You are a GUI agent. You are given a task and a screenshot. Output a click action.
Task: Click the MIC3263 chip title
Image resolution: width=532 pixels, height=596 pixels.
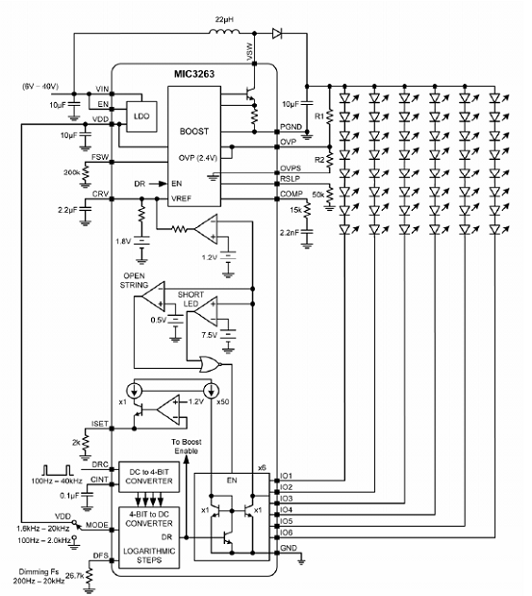click(x=194, y=74)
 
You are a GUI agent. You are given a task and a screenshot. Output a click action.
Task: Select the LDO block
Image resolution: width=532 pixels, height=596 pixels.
click(x=141, y=117)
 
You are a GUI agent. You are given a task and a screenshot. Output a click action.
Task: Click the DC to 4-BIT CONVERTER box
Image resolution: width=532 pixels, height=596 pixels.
click(x=149, y=477)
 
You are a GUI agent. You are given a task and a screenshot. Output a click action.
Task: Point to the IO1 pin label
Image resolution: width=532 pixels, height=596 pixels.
click(x=287, y=476)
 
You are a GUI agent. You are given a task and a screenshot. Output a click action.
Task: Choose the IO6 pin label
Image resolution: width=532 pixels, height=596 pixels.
click(x=287, y=532)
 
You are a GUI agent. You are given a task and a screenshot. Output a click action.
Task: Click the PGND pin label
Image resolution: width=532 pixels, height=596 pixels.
click(x=291, y=126)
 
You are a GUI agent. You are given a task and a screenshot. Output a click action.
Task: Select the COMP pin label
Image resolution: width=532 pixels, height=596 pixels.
click(x=291, y=194)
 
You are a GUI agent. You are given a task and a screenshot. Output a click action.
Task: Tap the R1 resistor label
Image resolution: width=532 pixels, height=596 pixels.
click(x=319, y=116)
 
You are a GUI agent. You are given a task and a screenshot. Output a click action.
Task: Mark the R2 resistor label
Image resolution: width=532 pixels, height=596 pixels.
click(x=319, y=160)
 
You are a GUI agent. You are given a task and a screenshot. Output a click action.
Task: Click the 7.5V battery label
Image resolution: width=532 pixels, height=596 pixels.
click(x=209, y=335)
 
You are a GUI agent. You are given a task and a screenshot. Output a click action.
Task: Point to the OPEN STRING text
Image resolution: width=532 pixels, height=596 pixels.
click(x=134, y=280)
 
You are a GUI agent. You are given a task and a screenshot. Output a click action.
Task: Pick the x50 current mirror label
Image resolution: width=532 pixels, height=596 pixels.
click(x=223, y=402)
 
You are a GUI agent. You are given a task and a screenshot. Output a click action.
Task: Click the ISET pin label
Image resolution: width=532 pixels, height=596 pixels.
click(x=100, y=424)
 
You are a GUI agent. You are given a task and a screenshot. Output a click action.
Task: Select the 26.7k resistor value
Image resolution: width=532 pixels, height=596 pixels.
click(x=74, y=576)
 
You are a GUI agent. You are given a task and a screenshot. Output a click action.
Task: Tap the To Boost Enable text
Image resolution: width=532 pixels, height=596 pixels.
click(x=186, y=446)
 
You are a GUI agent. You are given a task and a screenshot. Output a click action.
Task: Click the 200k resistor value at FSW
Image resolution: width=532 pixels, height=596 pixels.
click(x=72, y=172)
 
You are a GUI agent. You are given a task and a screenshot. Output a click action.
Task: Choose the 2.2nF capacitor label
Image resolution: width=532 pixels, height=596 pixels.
click(x=290, y=233)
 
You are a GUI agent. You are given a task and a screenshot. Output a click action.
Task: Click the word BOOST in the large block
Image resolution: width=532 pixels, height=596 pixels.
click(x=194, y=132)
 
